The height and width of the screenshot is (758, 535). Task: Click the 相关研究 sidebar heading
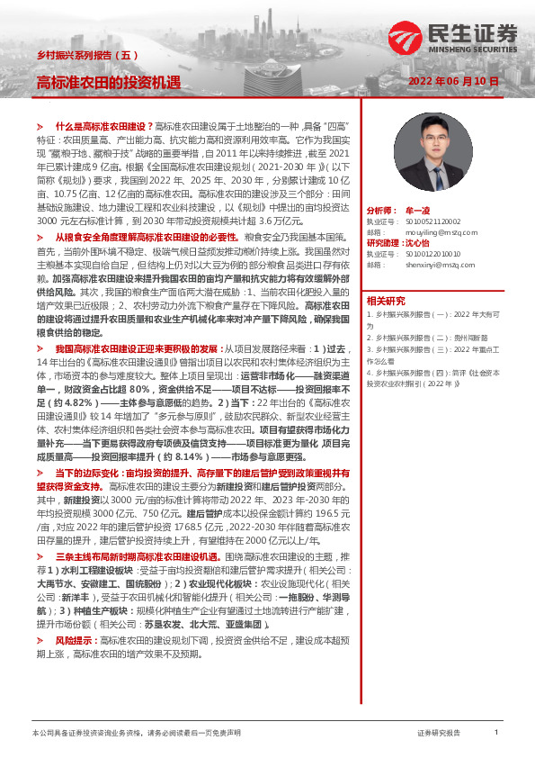coord(386,301)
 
